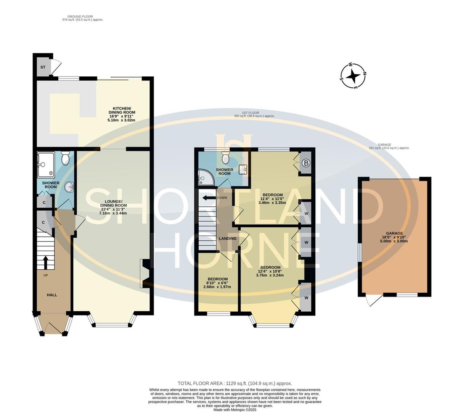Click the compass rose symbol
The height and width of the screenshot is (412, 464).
point(353,75)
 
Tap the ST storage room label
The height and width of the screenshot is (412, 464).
point(43,68)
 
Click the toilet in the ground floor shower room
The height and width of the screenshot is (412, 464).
point(65,158)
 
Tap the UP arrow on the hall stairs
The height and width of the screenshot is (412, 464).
point(45,262)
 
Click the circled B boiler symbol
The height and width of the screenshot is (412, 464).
point(305,163)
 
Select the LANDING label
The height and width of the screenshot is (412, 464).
point(228,238)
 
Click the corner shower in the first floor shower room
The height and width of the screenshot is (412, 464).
point(203,175)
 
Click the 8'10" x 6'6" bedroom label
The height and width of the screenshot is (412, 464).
point(217,283)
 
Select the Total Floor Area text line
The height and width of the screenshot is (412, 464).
point(234,383)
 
